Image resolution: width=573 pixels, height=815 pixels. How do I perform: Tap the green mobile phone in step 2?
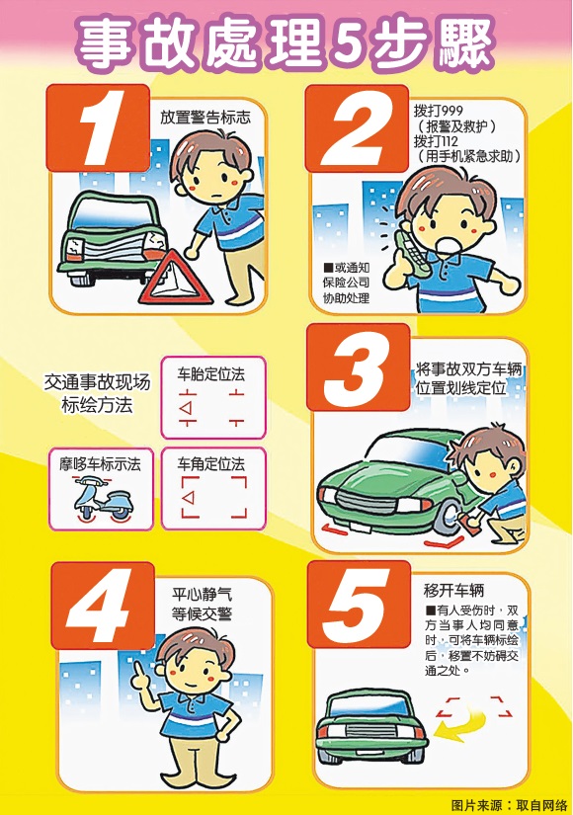coord(412,252)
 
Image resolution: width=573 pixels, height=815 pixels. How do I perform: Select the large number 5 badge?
coord(359,605)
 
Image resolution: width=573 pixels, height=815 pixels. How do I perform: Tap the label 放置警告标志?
coord(205,117)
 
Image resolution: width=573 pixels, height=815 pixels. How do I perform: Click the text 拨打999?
coord(439,111)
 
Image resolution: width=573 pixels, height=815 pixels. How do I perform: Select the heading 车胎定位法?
coord(210,374)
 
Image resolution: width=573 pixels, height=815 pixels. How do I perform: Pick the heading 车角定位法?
coord(210,463)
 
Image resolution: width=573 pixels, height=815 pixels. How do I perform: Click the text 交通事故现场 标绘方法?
coord(97,393)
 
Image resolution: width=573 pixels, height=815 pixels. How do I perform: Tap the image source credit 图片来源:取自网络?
coord(510,805)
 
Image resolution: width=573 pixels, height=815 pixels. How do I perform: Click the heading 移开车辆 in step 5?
coord(453,591)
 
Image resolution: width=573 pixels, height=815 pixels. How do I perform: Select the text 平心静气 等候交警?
coord(202,604)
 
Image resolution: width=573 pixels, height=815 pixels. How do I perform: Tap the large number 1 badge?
coord(98,127)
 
